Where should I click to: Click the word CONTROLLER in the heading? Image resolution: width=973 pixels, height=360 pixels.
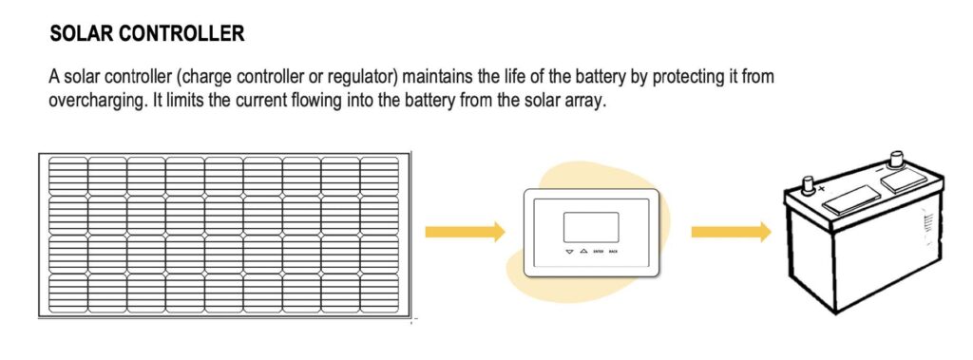tap(184, 35)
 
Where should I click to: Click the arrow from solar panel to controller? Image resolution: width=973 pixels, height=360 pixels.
tap(465, 231)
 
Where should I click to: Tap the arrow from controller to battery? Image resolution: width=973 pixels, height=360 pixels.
tap(730, 231)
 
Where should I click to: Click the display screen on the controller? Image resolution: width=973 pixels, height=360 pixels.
tap(590, 226)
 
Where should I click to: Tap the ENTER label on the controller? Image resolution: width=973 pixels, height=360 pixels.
tap(598, 252)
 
